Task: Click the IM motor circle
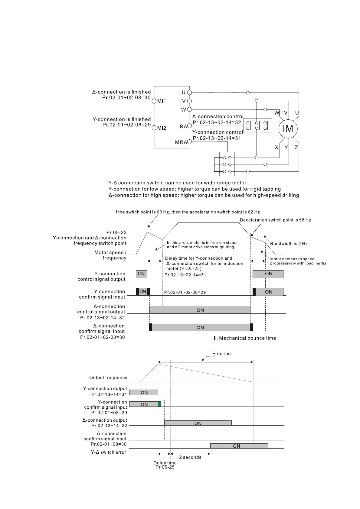click(288, 129)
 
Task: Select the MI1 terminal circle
click(154, 101)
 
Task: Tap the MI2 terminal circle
click(154, 128)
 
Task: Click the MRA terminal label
click(181, 142)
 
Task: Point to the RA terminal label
click(183, 126)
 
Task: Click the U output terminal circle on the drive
click(189, 92)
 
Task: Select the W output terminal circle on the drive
click(189, 109)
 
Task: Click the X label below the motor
click(277, 148)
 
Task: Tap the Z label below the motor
click(296, 148)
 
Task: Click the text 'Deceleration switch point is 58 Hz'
click(275, 220)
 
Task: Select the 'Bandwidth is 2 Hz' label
click(289, 244)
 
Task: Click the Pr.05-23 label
click(116, 232)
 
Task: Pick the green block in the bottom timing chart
click(159, 404)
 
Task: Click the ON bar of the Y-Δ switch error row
click(239, 446)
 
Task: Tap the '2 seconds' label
click(190, 457)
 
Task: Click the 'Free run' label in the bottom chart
click(221, 354)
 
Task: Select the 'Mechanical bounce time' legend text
click(247, 338)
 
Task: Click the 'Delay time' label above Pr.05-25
click(165, 463)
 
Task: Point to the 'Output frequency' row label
click(108, 378)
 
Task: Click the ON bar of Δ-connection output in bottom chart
click(198, 423)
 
